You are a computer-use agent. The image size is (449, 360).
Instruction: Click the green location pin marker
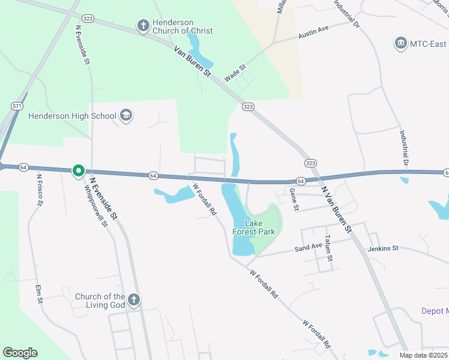coord(78,171)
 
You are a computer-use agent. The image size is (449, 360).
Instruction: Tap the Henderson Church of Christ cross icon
coord(143,25)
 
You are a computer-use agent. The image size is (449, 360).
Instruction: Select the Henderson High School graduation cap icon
coord(125,115)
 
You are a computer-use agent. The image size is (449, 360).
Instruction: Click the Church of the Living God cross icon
coord(134,300)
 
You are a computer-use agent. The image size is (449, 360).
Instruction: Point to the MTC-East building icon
coord(400,43)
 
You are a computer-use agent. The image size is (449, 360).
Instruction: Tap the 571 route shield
coord(17,106)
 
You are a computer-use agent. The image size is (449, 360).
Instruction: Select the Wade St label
coord(235,73)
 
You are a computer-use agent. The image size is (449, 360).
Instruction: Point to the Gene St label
coord(294,200)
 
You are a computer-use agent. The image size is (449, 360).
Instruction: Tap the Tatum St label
coord(328,248)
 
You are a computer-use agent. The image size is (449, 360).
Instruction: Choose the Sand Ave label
coord(309,247)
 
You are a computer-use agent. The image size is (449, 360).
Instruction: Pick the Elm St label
coord(41,294)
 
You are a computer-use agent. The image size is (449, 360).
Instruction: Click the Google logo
coord(20,353)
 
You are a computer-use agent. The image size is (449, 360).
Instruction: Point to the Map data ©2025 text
coord(423,355)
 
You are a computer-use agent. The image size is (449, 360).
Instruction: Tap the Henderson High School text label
coord(73,115)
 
